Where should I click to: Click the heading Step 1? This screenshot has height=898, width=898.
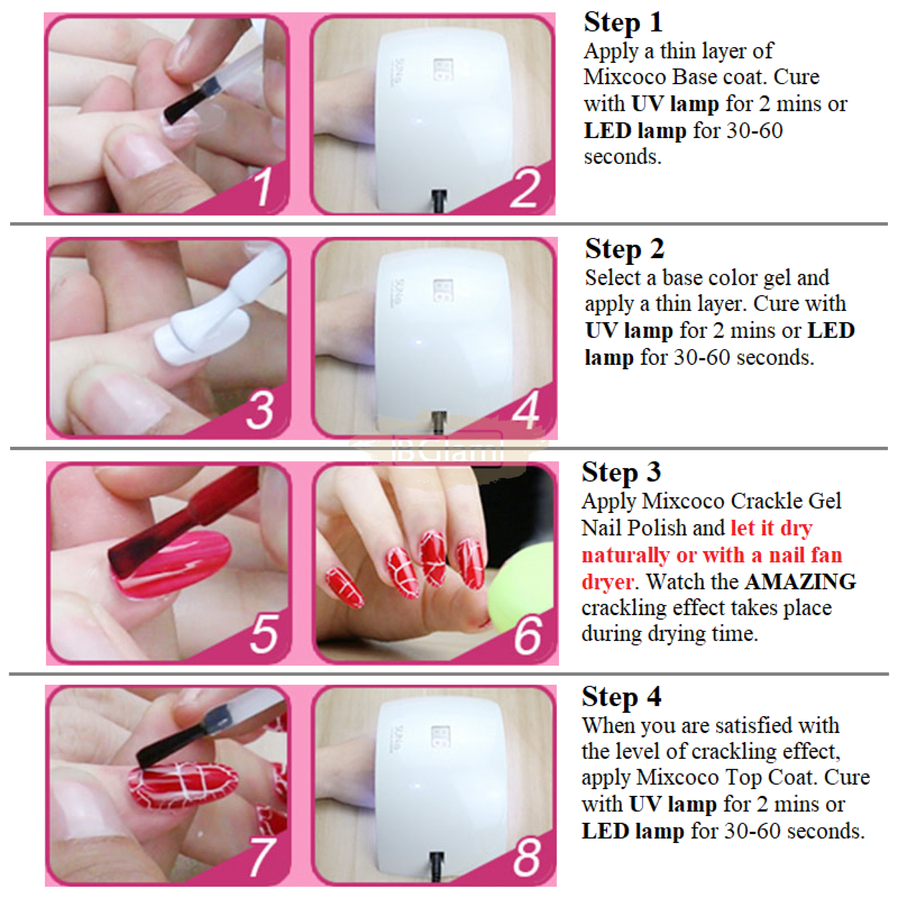[623, 22]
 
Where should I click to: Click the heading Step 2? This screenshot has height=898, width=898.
[624, 249]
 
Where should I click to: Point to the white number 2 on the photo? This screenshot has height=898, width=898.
[525, 188]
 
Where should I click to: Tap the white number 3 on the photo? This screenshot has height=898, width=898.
[260, 410]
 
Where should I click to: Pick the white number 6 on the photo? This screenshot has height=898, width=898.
[528, 635]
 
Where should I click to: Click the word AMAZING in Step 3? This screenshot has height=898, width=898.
[800, 581]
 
